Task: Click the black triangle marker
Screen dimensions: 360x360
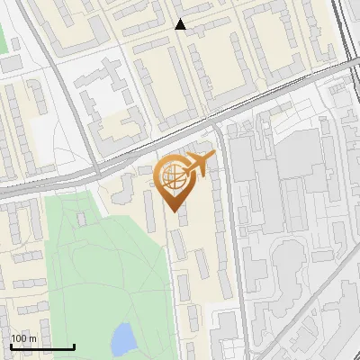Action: (180, 24)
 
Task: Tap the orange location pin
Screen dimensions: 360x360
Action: (174, 180)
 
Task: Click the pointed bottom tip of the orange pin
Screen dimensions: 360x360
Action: (174, 211)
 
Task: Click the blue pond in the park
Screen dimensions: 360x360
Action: (121, 339)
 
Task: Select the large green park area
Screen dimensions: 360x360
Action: (99, 261)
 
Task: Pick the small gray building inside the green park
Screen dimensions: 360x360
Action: (82, 218)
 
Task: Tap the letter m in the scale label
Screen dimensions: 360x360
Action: (32, 338)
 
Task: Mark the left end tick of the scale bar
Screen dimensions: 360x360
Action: (10, 346)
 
